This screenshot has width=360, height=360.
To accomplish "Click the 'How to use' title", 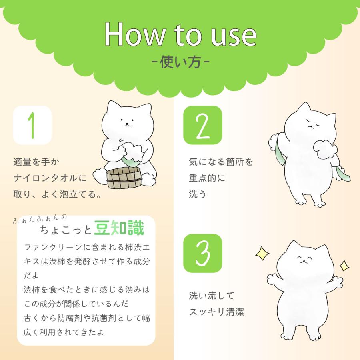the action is pos(180,34).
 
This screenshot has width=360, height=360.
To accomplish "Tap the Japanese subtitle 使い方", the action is pos(180,62).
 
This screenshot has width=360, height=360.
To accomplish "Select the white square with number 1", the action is pos(32,125).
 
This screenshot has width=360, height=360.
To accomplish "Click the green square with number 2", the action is pos(203,125).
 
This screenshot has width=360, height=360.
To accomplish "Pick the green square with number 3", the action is pos(203,253).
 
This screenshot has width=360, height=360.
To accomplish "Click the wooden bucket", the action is pos(124,178).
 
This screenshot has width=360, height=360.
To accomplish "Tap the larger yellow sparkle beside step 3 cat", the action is pos(262,253).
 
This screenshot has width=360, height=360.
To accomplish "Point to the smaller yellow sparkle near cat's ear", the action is pos(344,266).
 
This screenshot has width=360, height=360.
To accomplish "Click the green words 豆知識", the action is pos(119,228).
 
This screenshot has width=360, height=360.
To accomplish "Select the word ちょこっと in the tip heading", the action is pos(66,230).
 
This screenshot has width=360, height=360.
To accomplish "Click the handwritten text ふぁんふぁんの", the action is pos(40,219).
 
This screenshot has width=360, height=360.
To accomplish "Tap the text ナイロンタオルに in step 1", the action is pos(50,178).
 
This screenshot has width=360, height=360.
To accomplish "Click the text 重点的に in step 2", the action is pos(207,178).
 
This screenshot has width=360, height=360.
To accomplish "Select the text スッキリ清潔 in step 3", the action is pos(216,312).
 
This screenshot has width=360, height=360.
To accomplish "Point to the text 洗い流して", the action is pos(212,296).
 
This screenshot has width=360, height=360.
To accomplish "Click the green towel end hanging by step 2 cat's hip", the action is pos(342,174).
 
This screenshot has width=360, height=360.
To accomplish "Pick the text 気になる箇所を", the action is pos(221,162).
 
